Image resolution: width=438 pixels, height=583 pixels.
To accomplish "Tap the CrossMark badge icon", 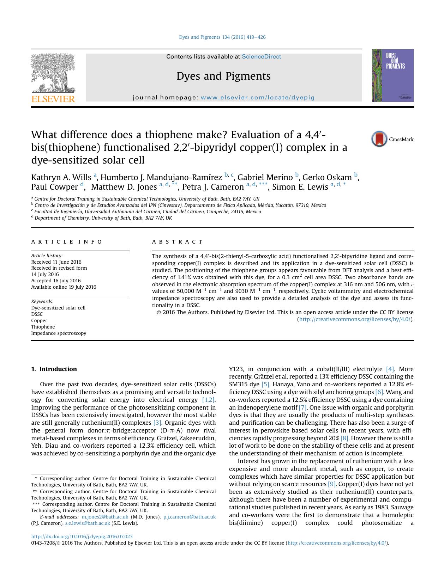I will coord(379,139).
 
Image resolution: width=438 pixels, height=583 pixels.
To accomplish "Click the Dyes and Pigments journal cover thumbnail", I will coord(392,75).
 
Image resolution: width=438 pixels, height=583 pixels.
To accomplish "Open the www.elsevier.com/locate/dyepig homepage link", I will coord(257,98).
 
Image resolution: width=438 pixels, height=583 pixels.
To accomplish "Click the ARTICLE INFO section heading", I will coord(67,242).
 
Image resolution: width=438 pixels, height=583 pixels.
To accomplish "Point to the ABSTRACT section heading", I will coord(177,242).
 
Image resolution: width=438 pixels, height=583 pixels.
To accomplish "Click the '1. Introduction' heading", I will coord(54,369).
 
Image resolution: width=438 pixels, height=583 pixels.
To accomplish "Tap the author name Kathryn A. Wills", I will coord(61,177).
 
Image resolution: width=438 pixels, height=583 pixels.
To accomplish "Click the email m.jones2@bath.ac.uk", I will coord(105,517).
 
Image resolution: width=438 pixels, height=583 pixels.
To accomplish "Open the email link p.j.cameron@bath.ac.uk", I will coord(190,517).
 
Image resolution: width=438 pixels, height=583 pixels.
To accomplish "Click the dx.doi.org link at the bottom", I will coord(82,536).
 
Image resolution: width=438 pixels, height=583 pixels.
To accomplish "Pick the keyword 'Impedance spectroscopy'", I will coord(59,333).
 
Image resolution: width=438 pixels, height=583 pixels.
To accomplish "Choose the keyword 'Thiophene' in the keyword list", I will coord(43,327).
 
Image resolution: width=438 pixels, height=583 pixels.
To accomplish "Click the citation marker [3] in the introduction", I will coord(157,423).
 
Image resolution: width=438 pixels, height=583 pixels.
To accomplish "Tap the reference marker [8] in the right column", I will coord(344,438).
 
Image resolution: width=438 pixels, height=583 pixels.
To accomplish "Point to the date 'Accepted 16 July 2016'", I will coord(56,281).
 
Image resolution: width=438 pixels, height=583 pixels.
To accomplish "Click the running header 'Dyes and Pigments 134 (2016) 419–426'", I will coord(222,37).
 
